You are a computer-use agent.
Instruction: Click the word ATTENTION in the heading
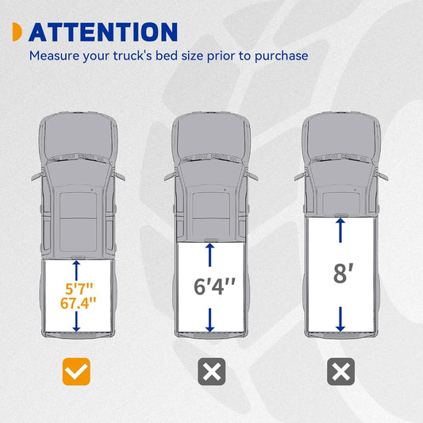[103, 32]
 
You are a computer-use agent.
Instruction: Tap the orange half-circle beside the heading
[17, 32]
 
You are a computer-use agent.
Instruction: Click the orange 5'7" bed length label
[79, 289]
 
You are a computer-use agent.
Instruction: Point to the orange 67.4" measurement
[79, 303]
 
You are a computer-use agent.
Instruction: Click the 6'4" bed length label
[214, 286]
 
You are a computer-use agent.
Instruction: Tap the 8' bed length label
[343, 273]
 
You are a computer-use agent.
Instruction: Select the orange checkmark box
[76, 371]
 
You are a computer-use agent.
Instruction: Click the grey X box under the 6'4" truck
[211, 371]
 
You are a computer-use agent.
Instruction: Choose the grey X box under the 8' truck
[340, 371]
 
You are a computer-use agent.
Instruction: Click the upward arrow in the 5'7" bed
[76, 271]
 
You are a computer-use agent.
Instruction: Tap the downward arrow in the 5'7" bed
[76, 321]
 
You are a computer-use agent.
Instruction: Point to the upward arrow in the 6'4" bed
[210, 255]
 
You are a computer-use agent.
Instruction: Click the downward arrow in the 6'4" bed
[210, 320]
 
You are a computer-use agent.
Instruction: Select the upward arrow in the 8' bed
[340, 230]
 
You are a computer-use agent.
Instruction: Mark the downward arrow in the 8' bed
[340, 319]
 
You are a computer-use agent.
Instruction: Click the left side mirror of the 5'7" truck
[38, 176]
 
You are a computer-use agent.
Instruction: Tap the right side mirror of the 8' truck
[382, 176]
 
